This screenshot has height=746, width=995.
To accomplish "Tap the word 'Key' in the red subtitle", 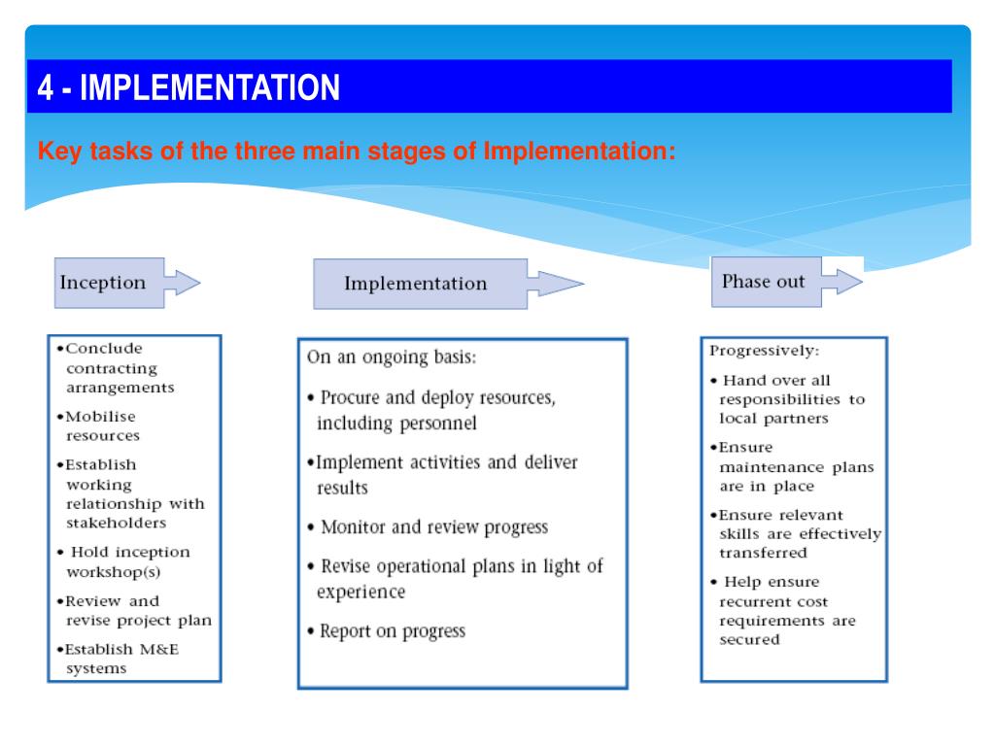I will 55,152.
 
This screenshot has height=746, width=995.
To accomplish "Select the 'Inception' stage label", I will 103,283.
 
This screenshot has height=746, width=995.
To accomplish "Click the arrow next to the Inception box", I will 182,283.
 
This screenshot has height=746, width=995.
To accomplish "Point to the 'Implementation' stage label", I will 415,284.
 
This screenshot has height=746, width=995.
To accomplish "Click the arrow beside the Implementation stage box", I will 554,284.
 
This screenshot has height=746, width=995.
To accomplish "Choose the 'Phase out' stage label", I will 763,282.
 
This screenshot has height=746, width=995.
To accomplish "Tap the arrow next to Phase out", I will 841,282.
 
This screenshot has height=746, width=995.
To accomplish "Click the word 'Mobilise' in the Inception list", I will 98,416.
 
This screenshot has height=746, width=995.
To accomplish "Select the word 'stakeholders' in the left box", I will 116,523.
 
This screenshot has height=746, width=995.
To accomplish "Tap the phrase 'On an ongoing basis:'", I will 392,356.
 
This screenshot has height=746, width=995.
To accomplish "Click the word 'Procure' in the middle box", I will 350,398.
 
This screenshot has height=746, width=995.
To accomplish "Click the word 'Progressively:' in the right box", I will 764,350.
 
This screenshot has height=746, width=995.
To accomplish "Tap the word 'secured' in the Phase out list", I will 749,640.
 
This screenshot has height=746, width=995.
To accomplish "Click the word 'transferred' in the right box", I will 763,553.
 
